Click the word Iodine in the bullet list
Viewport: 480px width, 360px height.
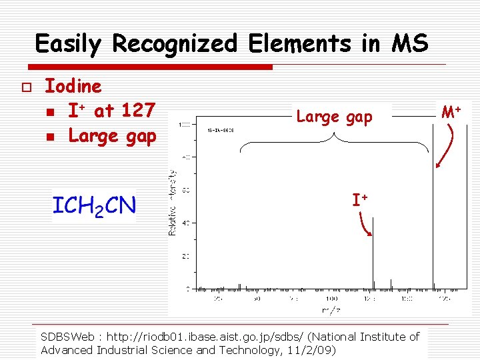tap(73, 86)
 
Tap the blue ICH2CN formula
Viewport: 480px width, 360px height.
tap(93, 205)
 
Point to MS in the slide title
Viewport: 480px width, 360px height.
tap(410, 43)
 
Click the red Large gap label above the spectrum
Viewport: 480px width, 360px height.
tap(334, 117)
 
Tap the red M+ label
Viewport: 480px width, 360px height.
tap(452, 110)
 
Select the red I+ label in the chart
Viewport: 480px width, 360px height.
tap(361, 199)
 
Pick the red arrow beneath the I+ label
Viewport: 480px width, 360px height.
tap(365, 225)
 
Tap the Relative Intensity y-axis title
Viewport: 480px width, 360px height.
tap(172, 202)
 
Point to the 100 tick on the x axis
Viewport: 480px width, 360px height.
tap(331, 299)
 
